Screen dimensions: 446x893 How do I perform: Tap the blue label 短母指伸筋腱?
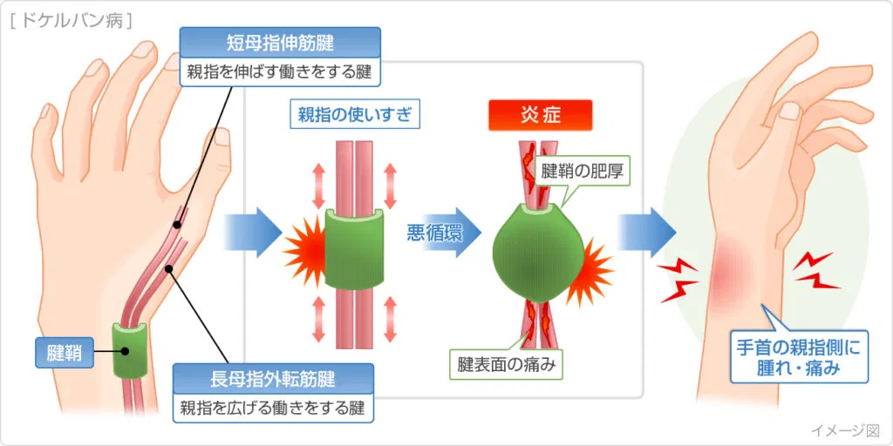(x=280, y=41)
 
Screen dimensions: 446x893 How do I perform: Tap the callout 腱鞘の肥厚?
(x=585, y=170)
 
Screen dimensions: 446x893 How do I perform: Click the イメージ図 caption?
(x=845, y=429)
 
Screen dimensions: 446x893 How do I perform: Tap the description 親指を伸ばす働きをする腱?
(x=280, y=71)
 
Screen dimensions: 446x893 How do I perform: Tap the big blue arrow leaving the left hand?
(x=250, y=233)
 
